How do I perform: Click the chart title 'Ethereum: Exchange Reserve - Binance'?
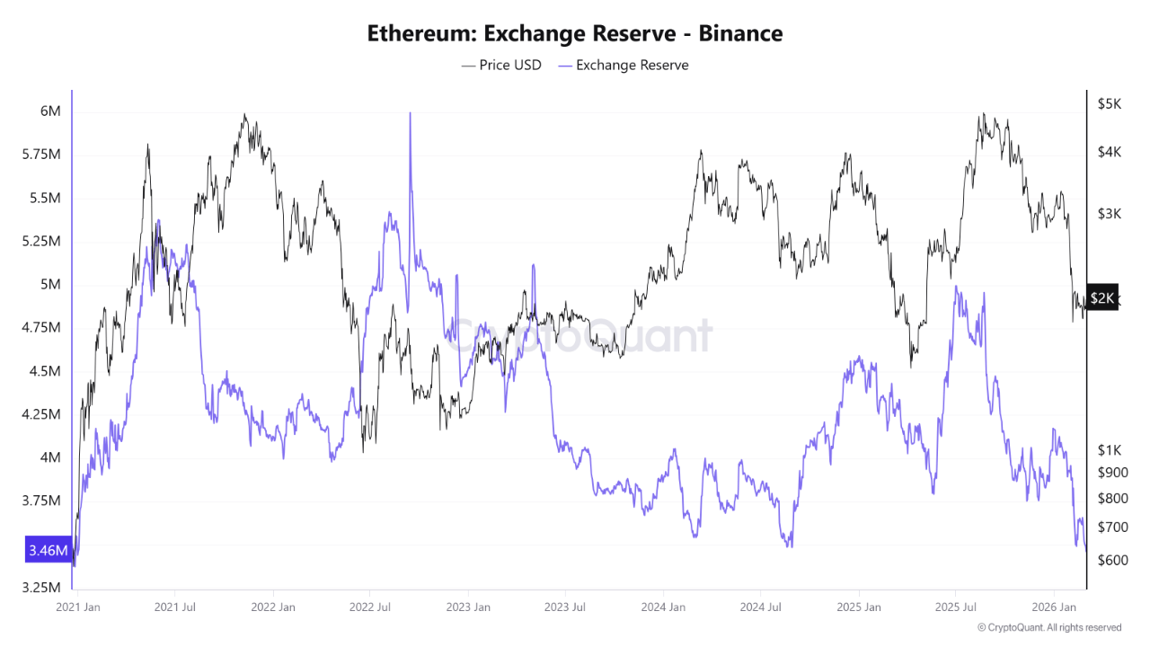(x=575, y=33)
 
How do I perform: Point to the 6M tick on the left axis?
(x=50, y=111)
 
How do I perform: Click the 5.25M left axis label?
(x=41, y=242)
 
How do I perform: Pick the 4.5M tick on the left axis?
(x=45, y=371)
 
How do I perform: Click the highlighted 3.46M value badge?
(x=48, y=550)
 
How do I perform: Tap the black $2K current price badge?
(x=1102, y=297)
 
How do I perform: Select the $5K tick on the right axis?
(x=1109, y=104)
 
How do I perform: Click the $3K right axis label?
(x=1109, y=213)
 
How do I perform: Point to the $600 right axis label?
(x=1112, y=560)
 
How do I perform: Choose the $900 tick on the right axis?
(x=1112, y=473)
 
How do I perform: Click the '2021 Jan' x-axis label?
(x=78, y=607)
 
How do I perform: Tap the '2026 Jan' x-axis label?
(x=1056, y=607)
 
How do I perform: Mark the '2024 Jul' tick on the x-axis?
(x=760, y=607)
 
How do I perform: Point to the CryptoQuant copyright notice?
(x=1048, y=627)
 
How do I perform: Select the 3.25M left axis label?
(x=41, y=588)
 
